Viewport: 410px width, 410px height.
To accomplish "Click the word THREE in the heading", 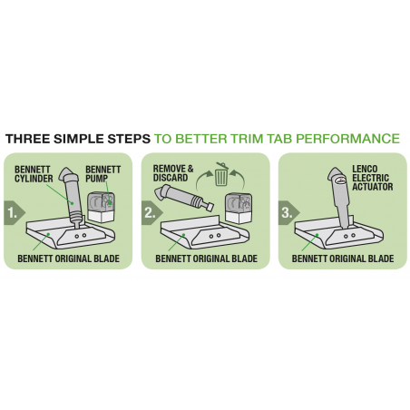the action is click(x=27, y=139).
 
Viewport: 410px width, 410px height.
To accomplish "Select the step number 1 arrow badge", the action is click(x=15, y=213).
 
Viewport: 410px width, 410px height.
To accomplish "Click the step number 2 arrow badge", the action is click(x=152, y=213).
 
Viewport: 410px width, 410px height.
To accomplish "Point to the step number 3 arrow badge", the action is click(x=288, y=213).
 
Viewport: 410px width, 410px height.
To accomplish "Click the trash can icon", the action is click(x=221, y=174).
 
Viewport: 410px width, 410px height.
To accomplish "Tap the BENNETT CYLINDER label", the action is click(x=34, y=174).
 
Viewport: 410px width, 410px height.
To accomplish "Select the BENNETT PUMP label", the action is click(x=102, y=174).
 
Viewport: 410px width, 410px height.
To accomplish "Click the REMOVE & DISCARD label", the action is click(x=173, y=173).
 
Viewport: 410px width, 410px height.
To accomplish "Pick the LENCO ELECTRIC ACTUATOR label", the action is click(x=373, y=178).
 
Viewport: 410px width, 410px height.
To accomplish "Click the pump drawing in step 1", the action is click(x=102, y=207).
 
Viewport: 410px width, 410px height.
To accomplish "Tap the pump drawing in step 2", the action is click(x=239, y=208).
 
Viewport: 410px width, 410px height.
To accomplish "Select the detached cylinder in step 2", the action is click(x=184, y=197).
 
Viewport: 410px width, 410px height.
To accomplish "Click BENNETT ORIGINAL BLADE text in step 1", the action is click(x=68, y=259).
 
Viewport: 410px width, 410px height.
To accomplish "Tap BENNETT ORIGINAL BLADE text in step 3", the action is click(x=343, y=259).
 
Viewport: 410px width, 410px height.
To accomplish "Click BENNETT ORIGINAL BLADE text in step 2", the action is click(x=206, y=259).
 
